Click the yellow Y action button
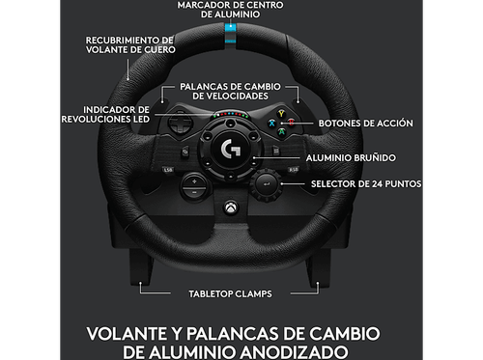[281, 113]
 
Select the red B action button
[293, 124]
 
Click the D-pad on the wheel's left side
[182, 125]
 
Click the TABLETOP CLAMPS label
[229, 291]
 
